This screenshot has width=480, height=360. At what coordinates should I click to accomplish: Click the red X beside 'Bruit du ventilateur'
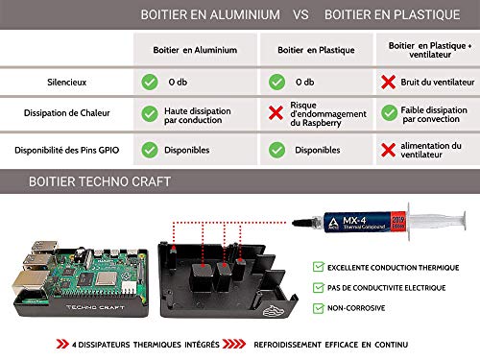click(x=389, y=82)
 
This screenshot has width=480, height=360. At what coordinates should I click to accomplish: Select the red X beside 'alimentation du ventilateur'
click(x=389, y=149)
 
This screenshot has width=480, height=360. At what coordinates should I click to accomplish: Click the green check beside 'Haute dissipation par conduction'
click(x=150, y=113)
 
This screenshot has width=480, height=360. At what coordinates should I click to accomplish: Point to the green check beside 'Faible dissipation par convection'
click(x=389, y=113)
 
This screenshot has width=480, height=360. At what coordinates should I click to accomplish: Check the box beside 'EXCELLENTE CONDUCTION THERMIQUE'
click(x=318, y=267)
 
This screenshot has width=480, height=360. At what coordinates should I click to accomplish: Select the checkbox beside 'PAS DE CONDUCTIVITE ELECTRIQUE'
click(x=318, y=288)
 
